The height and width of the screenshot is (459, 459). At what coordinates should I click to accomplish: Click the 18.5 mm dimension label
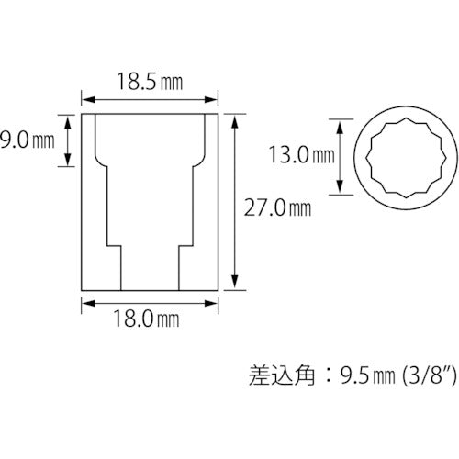click(x=150, y=81)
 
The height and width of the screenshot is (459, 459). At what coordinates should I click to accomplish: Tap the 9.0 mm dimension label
click(x=28, y=140)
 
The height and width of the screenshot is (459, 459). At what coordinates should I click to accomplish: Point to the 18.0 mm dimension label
click(x=150, y=319)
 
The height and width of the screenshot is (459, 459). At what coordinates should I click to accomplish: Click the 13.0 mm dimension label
click(x=297, y=155)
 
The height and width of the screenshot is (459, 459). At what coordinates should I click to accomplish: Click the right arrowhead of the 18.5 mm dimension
click(x=214, y=97)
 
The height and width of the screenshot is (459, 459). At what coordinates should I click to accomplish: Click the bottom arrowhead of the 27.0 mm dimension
click(x=238, y=285)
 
